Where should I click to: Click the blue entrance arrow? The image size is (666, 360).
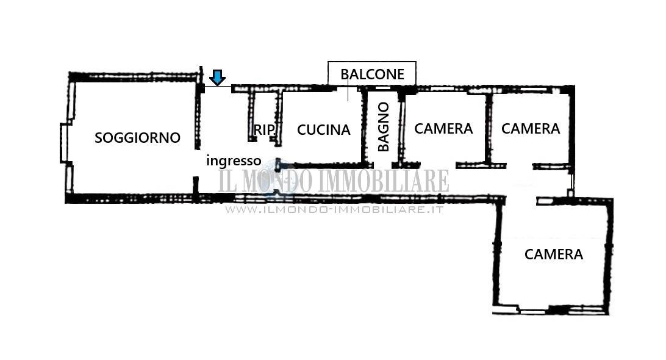[x=218, y=77]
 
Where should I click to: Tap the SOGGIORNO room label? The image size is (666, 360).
[x=137, y=138]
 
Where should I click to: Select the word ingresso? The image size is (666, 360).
[x=234, y=161]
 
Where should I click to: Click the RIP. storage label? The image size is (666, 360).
[x=264, y=129]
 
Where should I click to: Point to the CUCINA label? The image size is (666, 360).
[x=324, y=129]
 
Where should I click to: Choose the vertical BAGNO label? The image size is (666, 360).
[x=383, y=127]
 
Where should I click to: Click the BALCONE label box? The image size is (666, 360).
[x=372, y=74]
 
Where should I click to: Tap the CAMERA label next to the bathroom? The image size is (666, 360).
[x=443, y=128]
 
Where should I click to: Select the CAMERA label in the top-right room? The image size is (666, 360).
[x=531, y=128]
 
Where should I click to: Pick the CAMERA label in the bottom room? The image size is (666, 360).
[x=553, y=254]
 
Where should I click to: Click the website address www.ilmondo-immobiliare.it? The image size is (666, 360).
[x=335, y=209]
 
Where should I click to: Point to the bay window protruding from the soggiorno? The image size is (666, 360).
[x=64, y=142]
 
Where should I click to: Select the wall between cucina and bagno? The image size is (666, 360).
[x=364, y=127]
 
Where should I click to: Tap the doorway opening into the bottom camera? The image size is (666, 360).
[x=521, y=200]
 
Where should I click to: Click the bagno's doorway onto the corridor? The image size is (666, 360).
[x=382, y=165]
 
